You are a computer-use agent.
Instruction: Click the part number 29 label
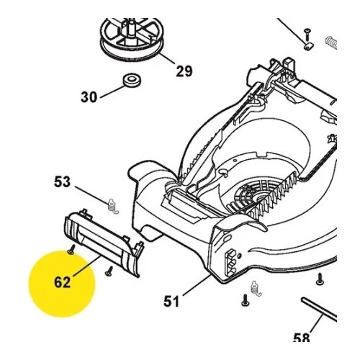coord(184,71)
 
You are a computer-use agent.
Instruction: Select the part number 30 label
coord(89,97)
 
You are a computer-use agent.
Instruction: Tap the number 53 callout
coord(62,181)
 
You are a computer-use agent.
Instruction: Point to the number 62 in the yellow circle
coord(62,282)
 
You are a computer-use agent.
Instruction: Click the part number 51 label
coord(171,301)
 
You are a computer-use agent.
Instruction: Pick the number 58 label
coord(302,338)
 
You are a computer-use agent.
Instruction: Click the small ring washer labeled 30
coord(132,80)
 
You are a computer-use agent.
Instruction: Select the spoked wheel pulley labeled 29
coord(132,37)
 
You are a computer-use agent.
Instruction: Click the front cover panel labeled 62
coord(104,243)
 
